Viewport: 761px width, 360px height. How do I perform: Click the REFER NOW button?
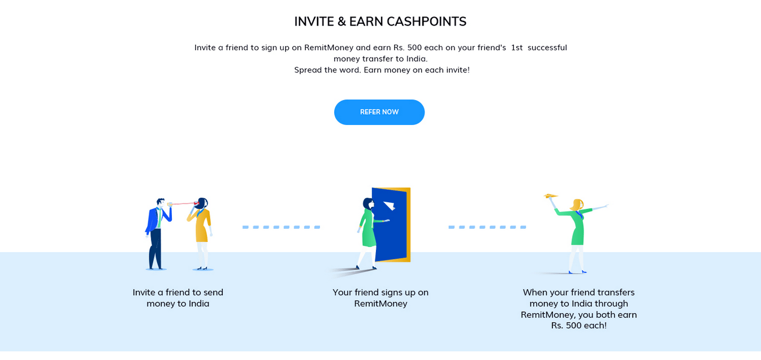click(379, 112)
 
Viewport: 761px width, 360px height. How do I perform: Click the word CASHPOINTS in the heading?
click(426, 21)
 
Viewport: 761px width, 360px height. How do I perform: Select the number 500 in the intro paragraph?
click(414, 47)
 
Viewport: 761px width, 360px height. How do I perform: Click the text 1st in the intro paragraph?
click(517, 47)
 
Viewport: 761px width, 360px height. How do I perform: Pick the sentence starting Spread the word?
click(382, 70)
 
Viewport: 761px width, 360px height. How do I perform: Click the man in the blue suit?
click(158, 234)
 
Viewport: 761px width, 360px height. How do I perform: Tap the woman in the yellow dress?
click(201, 234)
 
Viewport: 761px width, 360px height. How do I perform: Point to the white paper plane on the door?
click(390, 206)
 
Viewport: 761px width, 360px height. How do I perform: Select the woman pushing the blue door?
click(369, 233)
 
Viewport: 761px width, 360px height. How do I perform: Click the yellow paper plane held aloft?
click(551, 196)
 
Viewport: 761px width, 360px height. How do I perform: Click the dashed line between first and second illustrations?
click(282, 227)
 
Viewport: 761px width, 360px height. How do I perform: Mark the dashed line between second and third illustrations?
click(487, 227)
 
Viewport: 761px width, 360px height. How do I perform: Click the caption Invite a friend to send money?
click(178, 298)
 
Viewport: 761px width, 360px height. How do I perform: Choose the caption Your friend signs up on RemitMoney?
click(380, 298)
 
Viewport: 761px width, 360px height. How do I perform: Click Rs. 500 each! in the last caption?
click(579, 326)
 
